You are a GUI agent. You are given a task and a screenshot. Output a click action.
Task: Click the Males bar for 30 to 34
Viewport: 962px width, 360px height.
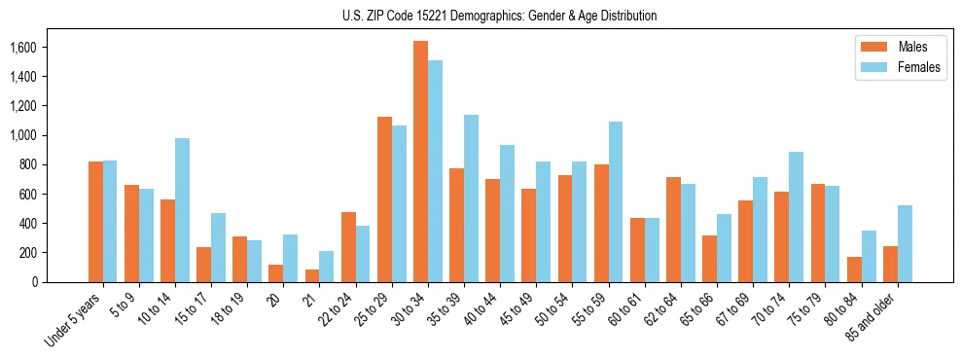click(420, 162)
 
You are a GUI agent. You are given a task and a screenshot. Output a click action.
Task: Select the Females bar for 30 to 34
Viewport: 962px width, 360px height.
click(435, 171)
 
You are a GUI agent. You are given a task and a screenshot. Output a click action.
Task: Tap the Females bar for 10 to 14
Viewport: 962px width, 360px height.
click(182, 210)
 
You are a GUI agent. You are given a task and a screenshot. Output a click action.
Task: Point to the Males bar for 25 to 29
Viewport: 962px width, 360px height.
click(384, 199)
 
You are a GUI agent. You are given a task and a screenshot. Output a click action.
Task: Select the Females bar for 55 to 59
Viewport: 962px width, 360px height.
click(616, 201)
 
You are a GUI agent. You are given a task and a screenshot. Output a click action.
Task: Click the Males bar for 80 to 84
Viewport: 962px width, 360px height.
click(854, 270)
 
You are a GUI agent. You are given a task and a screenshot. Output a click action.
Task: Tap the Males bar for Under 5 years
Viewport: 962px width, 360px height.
click(95, 222)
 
